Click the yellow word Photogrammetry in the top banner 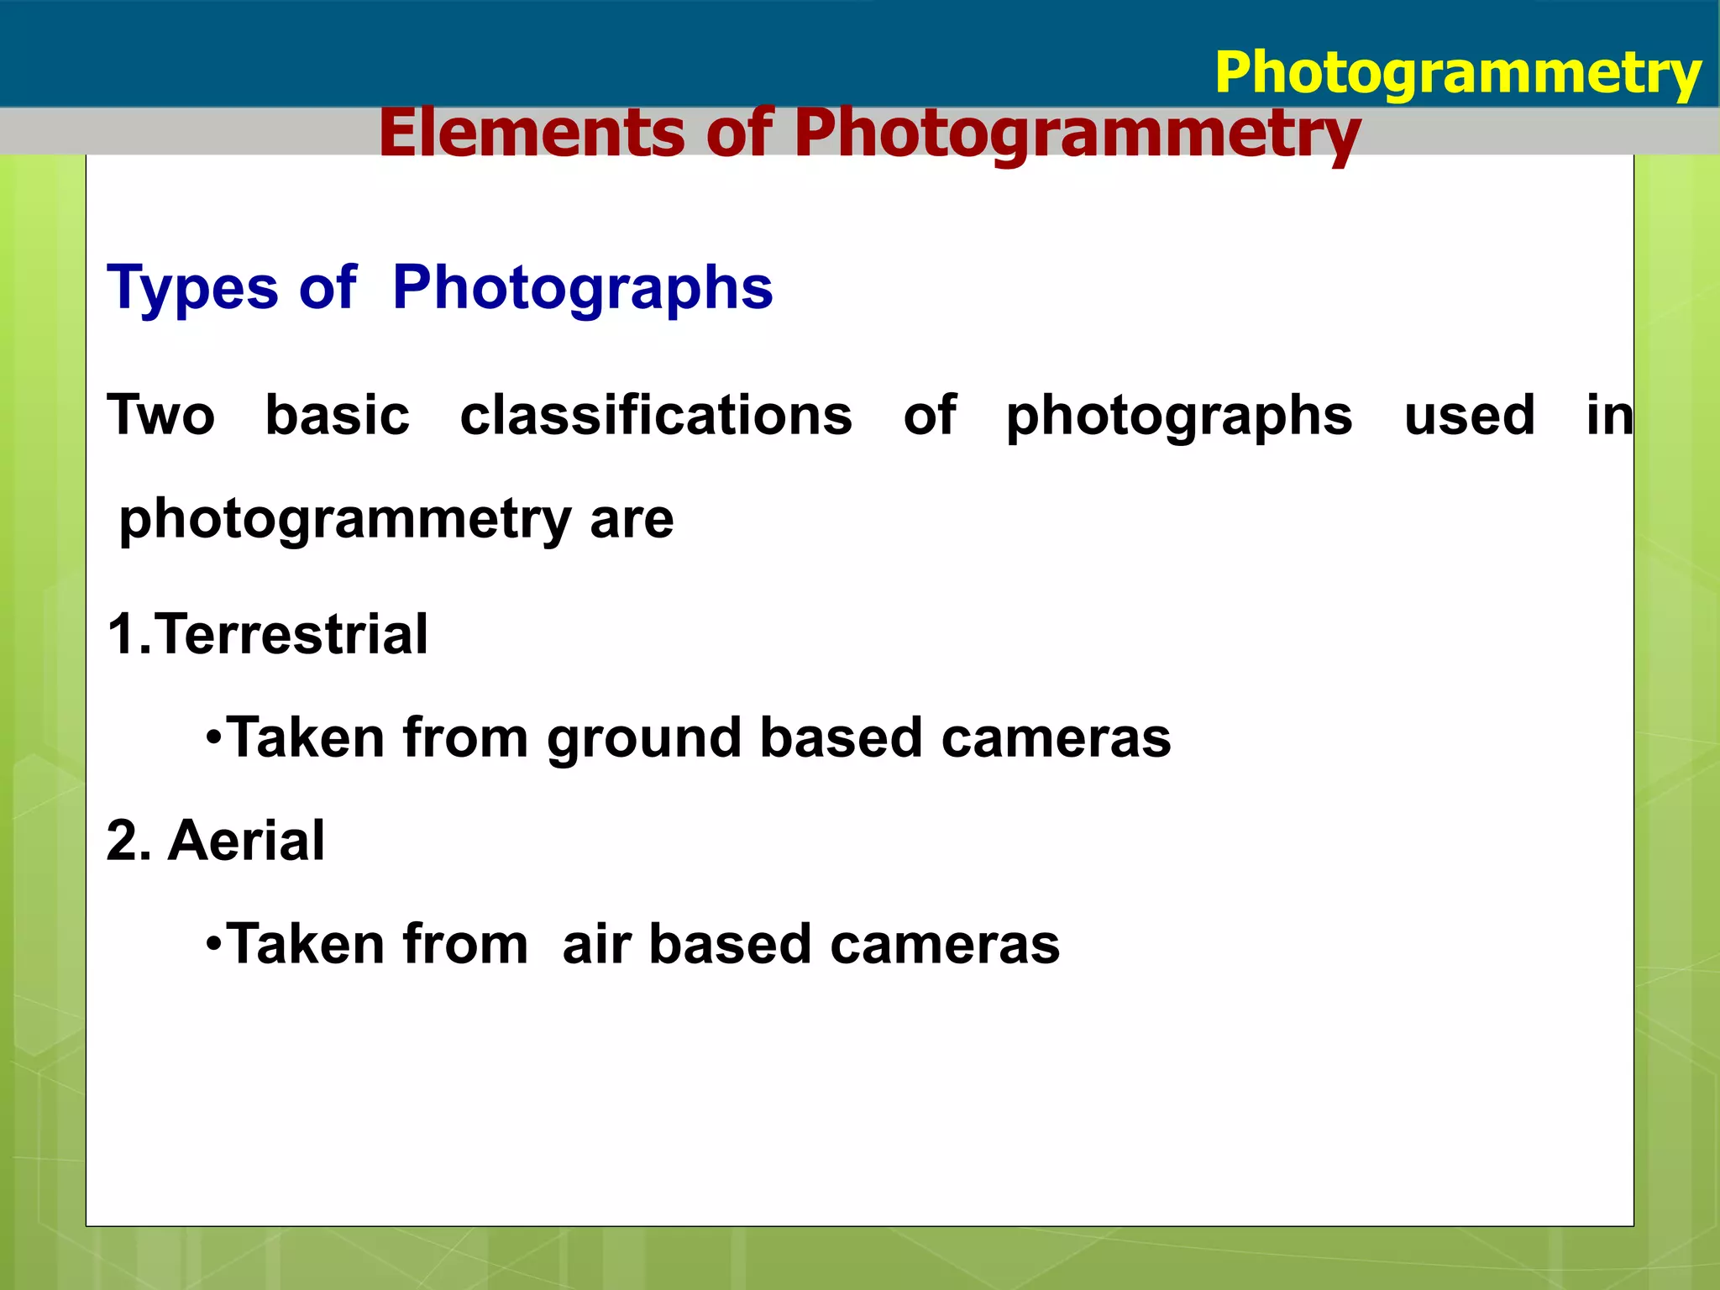tap(1457, 74)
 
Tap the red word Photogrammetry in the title tap(1077, 134)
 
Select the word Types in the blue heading tap(192, 289)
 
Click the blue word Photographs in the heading tap(582, 289)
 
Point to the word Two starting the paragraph tap(160, 415)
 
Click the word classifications tap(656, 415)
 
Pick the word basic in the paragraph tap(338, 415)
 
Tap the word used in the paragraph tap(1469, 415)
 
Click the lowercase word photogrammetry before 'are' tap(345, 520)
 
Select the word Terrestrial tap(291, 634)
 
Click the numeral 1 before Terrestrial tap(122, 634)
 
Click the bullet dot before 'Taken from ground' tap(213, 739)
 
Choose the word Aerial tap(246, 841)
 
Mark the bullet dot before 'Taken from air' tap(213, 945)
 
